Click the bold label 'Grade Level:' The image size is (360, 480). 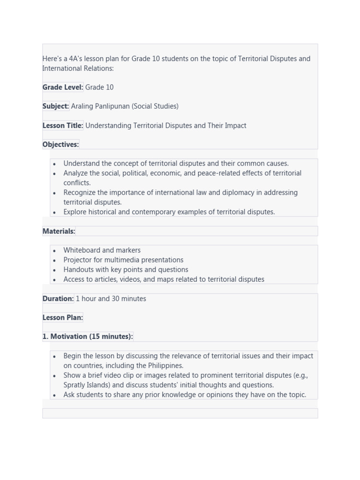coord(63,87)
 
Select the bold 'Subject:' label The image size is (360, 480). coord(56,106)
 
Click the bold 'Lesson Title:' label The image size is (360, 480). coord(63,126)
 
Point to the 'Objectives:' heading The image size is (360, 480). coord(61,144)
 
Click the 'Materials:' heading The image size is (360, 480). coord(59,231)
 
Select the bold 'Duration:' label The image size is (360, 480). coord(58,299)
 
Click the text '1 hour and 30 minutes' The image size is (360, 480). coord(111,299)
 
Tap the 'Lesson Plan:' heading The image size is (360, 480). coord(63,317)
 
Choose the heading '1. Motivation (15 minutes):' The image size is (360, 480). coord(88,337)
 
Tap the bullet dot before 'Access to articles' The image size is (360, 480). coord(55,280)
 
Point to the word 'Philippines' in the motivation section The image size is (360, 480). coord(160,366)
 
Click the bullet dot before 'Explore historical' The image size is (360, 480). coord(55,212)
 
